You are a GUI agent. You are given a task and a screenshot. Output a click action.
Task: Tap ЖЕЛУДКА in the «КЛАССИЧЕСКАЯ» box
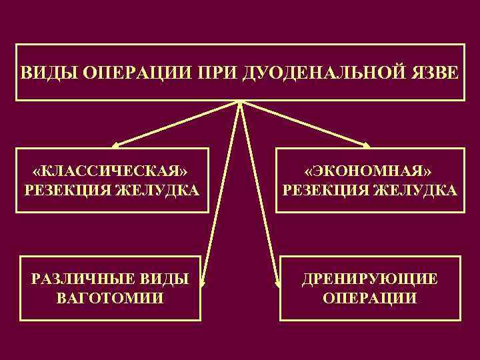click(x=157, y=191)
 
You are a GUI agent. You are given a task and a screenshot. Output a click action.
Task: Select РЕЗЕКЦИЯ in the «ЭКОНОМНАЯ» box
click(x=326, y=191)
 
